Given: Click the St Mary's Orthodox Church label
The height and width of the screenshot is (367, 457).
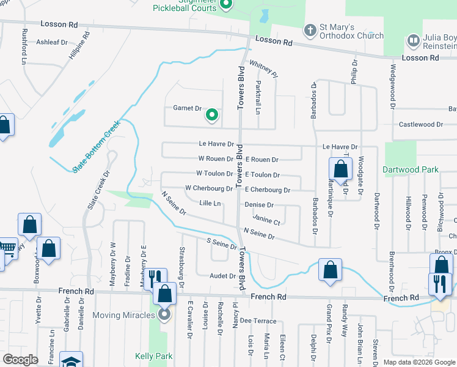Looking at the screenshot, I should [347, 31].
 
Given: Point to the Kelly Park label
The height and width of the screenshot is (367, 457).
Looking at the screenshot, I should [153, 356].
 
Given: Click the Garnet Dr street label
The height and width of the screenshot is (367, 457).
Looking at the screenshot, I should [188, 108].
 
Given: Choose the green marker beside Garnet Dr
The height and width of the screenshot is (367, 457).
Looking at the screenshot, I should [212, 114].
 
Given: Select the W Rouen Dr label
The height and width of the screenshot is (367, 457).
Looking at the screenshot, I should [215, 159].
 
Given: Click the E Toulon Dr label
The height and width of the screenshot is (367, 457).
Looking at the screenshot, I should [262, 175].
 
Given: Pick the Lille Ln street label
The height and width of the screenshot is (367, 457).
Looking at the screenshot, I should [210, 202].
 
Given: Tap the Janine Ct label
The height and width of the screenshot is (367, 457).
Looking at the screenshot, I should [266, 221].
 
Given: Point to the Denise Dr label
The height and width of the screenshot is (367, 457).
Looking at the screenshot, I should [259, 205].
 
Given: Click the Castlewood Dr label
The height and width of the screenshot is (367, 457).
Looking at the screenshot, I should [420, 124].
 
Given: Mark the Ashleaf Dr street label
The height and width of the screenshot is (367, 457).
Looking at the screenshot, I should [52, 42].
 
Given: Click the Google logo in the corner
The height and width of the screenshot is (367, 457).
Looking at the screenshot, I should [21, 360].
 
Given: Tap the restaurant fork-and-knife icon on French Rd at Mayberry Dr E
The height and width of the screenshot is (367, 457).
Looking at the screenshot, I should [155, 278].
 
